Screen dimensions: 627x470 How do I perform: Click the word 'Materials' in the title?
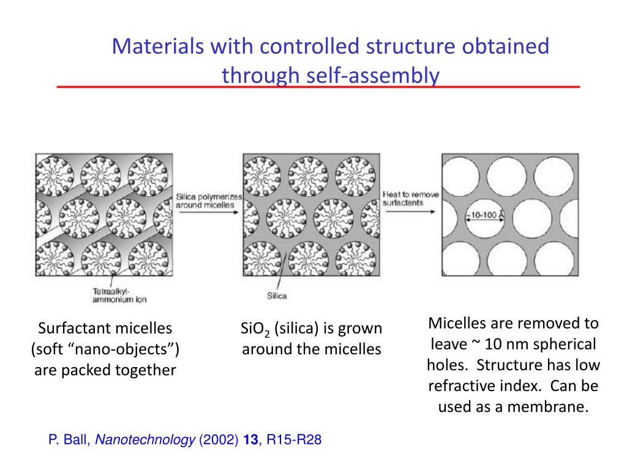(158, 47)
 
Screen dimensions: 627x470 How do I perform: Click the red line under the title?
(318, 88)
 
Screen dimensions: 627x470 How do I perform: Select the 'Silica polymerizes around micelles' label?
(209, 201)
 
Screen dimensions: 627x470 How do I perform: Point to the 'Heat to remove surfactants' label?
(410, 198)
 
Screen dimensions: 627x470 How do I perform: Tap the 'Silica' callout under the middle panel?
(277, 296)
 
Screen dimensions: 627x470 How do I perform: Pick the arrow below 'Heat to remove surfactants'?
(410, 212)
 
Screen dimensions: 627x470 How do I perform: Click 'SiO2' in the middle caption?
(256, 329)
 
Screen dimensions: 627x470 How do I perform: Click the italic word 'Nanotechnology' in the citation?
(146, 440)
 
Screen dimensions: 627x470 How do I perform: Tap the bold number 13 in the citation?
(250, 440)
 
